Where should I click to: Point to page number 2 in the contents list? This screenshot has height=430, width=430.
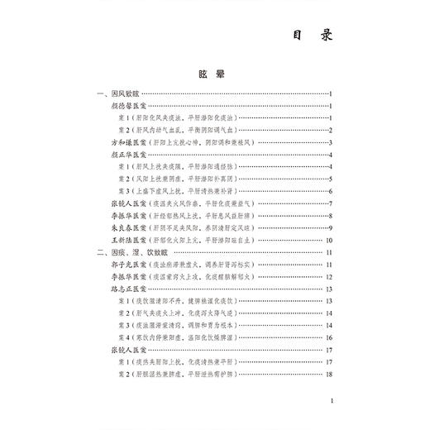point(329,131)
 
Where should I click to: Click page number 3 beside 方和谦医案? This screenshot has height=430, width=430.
point(329,143)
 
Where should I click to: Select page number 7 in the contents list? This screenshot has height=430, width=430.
point(329,203)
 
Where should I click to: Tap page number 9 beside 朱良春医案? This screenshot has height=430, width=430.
point(329,227)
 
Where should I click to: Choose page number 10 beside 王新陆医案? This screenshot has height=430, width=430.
point(327,240)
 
